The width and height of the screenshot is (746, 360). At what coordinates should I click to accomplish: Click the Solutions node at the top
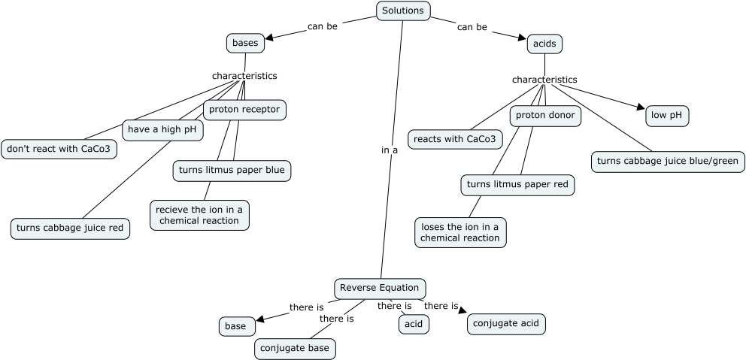[x=403, y=11]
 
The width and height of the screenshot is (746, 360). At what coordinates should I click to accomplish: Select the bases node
[x=245, y=44]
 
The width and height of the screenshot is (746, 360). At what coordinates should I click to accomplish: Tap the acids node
[x=544, y=44]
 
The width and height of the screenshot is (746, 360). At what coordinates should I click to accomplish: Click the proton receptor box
[x=244, y=110]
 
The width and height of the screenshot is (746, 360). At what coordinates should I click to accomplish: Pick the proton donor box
[x=545, y=116]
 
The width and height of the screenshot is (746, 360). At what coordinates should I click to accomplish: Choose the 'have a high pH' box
[x=163, y=130]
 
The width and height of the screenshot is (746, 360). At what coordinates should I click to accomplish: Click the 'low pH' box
[x=667, y=115]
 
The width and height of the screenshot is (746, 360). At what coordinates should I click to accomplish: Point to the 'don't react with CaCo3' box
[x=59, y=149]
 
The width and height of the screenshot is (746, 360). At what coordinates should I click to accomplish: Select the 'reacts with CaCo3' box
[x=454, y=139]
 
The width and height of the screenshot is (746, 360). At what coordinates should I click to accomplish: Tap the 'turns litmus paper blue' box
[x=232, y=171]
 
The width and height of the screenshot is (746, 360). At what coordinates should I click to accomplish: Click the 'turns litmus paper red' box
[x=517, y=184]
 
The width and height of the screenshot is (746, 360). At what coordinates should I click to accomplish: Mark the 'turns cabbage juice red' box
[x=71, y=228]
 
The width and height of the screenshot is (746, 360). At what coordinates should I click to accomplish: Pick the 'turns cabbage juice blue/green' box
[x=668, y=162]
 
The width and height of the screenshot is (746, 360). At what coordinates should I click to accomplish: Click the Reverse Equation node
[x=381, y=288]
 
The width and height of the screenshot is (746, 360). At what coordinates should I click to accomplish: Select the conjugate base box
[x=294, y=349]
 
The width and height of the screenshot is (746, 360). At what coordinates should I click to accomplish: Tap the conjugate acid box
[x=505, y=324]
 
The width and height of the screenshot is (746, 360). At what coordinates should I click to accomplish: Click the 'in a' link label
[x=390, y=150]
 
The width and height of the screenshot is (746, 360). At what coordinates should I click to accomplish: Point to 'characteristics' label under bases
[x=244, y=76]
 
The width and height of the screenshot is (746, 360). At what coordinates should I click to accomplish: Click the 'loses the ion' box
[x=460, y=232]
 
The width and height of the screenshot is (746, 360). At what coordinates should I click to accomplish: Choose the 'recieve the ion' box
[x=199, y=215]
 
